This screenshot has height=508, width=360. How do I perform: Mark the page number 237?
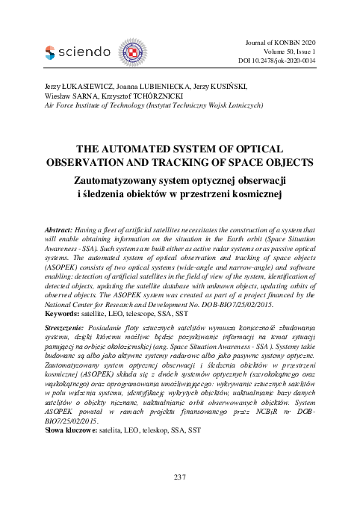click(179, 476)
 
